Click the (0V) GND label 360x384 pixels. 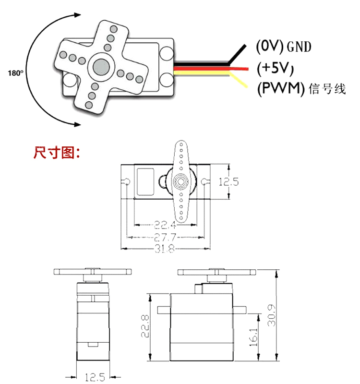click(x=284, y=47)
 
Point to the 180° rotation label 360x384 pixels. click(x=16, y=73)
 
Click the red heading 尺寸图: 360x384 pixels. click(x=57, y=153)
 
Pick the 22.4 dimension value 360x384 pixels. click(x=165, y=224)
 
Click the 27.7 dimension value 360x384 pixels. click(x=165, y=237)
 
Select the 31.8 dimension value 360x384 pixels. click(x=165, y=248)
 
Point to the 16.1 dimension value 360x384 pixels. click(x=254, y=336)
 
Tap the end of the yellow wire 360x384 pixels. click(x=247, y=87)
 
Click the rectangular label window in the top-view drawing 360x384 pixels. click(x=145, y=181)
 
